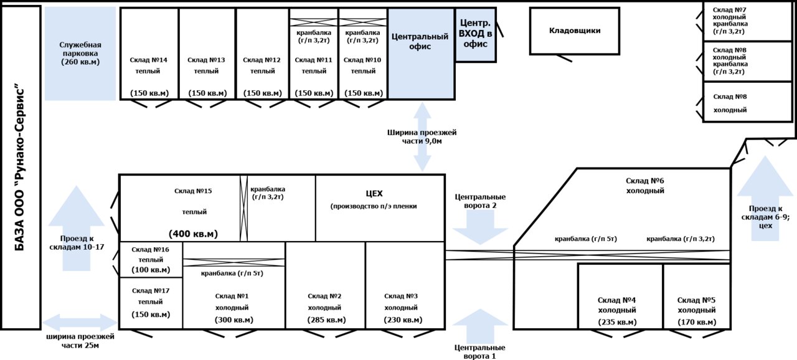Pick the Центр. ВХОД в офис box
476,35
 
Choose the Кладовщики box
575,31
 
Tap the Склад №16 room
151,259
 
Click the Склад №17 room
151,303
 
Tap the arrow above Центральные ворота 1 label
480,326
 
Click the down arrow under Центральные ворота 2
480,228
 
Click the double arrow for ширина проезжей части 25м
79,322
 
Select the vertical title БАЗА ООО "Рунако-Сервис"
21,168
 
